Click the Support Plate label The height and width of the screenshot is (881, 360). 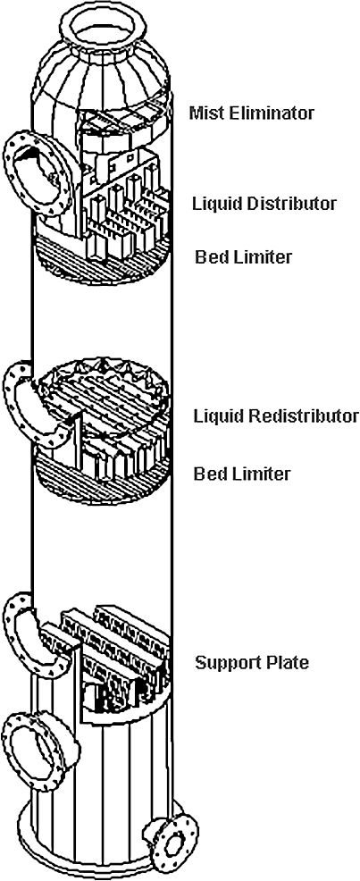point(252,663)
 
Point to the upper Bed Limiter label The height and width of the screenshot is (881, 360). point(243,257)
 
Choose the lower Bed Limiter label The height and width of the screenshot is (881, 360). point(242,473)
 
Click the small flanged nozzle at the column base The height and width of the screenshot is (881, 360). point(169,843)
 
